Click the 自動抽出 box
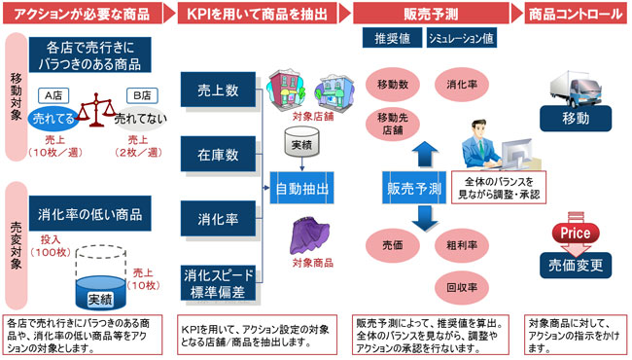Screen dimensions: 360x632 [301, 187]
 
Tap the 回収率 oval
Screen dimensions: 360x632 [461, 288]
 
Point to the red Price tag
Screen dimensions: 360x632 [574, 234]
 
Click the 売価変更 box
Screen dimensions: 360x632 [575, 264]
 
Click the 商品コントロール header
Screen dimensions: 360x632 [574, 13]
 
